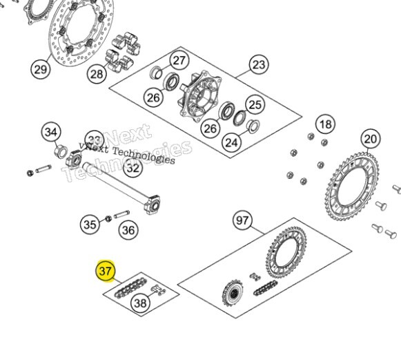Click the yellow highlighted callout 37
(x=106, y=272)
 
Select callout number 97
(x=242, y=221)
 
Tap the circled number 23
(x=259, y=66)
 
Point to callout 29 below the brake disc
(x=40, y=68)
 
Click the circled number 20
(x=371, y=139)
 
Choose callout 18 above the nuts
(x=325, y=124)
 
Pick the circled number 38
(x=141, y=303)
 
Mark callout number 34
(x=51, y=131)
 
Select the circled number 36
(x=128, y=230)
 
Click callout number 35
(x=90, y=224)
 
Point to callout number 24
(x=231, y=142)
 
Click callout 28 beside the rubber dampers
(x=97, y=73)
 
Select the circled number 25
(x=255, y=105)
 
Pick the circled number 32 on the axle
(x=133, y=167)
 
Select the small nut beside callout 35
(x=108, y=220)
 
